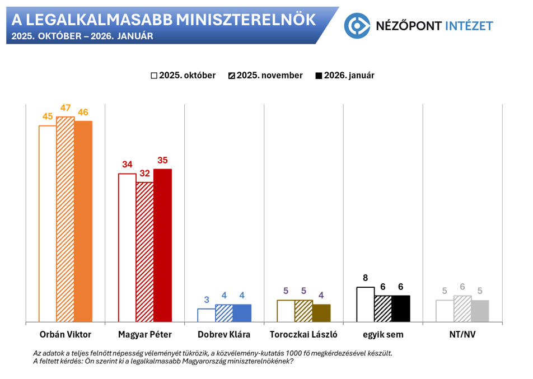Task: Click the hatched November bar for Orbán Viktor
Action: point(65,219)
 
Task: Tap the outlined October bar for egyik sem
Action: point(365,305)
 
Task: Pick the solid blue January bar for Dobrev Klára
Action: point(242,313)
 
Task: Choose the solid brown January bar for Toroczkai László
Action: point(321,313)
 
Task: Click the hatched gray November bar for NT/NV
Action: point(462,308)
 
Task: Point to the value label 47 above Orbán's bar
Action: point(66,108)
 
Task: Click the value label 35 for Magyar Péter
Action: point(162,160)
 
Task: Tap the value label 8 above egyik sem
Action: point(365,278)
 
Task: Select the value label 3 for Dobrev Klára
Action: point(206,300)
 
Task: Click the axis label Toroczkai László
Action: point(303,335)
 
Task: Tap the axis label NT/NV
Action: point(462,335)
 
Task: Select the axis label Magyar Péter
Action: point(145,335)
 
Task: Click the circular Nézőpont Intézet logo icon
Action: point(357,26)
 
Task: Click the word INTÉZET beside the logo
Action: point(471,26)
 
